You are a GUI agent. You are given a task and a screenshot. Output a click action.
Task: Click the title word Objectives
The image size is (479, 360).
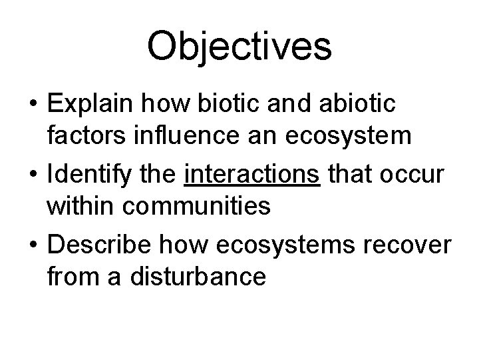[239, 46]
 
